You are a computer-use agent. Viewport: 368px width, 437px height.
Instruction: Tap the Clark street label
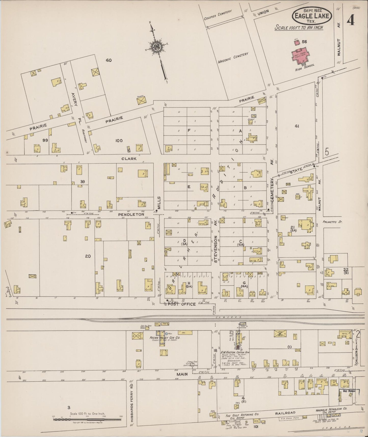pyautogui.click(x=129, y=159)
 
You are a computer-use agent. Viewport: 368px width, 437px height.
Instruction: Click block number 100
pyautogui.click(x=119, y=141)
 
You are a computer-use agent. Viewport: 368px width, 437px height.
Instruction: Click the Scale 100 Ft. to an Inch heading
pyautogui.click(x=299, y=28)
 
